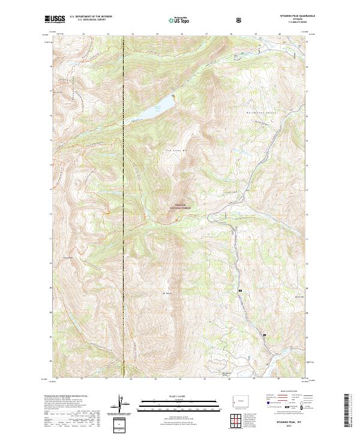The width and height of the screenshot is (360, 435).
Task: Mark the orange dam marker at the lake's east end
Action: click(173, 95)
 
